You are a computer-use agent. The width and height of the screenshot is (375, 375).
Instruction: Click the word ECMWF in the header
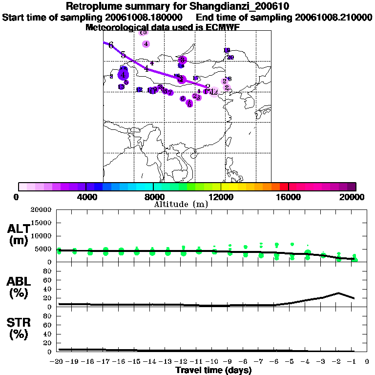pos(220,27)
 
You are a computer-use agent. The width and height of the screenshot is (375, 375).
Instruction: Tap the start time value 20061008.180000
pos(146,17)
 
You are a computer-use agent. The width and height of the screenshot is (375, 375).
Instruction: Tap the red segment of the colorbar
pos(284,187)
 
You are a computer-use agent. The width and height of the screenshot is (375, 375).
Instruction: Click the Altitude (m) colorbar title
pos(181,204)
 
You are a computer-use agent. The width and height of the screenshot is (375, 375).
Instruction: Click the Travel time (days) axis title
pos(213,371)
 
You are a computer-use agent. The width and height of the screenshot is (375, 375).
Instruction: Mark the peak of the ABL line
pos(338,293)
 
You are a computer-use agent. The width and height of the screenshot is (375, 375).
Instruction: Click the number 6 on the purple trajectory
pos(111,45)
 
